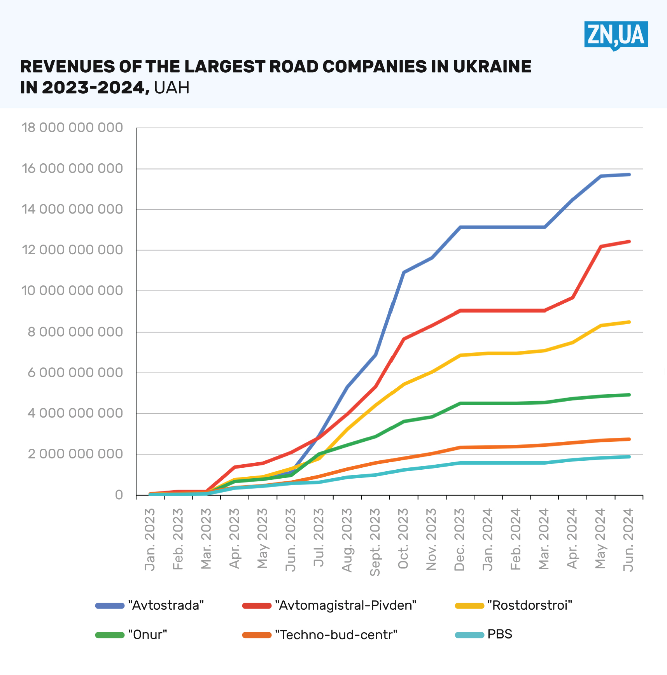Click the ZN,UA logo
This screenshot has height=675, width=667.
coord(616,35)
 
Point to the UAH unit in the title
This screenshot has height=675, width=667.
coord(172,88)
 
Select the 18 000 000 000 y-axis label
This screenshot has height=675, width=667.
coord(72,128)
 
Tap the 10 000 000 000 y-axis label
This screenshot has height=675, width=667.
coord(72,290)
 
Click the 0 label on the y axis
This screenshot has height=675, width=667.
coord(119,495)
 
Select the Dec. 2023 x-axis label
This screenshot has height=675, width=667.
coord(459,539)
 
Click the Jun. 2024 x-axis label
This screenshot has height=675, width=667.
coord(628,539)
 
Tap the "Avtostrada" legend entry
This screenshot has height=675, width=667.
coord(150,605)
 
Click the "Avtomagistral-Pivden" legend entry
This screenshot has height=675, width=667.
coord(329,605)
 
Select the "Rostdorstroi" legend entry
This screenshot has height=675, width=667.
coord(513,605)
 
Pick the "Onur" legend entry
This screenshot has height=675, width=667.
coord(131,635)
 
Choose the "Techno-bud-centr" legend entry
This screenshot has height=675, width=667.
coord(320,635)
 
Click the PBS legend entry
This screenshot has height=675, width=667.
coord(484,635)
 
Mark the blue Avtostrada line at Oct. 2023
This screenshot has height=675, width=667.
coord(404,272)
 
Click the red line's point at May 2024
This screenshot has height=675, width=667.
coord(601,247)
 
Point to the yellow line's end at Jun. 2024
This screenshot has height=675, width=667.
coord(629,322)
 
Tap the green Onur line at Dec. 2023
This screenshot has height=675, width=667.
coord(460,403)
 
